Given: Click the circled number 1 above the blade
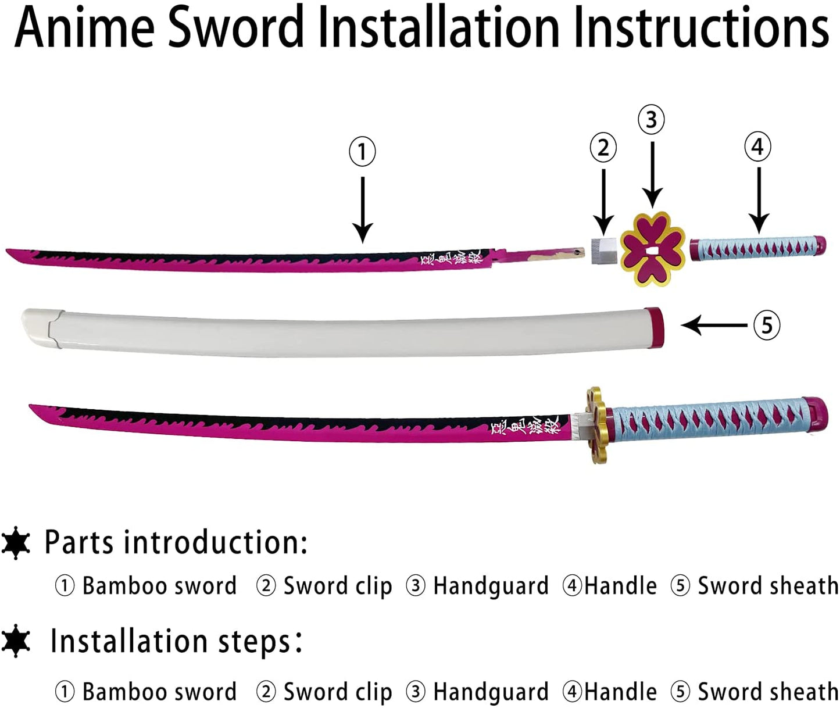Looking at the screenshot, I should pos(362,151).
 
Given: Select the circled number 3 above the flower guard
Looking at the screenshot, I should pos(651,120).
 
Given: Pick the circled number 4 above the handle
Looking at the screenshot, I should pos(757,146).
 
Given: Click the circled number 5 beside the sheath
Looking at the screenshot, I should pos(767,325).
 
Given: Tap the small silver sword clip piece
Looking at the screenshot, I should pos(603,250).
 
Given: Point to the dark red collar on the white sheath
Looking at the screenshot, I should pos(654,327).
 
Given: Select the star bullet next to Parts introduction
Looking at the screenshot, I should pos(16,543).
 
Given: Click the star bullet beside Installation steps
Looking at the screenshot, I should pos(16,641).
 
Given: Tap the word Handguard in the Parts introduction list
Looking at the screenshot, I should pos(491,586).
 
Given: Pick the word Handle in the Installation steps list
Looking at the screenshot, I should pos(620,692).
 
